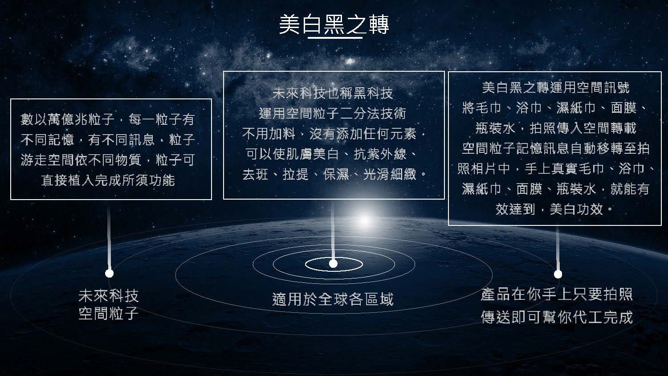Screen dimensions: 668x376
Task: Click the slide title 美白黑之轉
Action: pos(334,25)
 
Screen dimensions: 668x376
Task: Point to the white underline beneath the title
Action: pos(335,38)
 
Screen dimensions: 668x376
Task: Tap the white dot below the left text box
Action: pos(109,273)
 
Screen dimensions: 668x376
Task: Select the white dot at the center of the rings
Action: pos(333,264)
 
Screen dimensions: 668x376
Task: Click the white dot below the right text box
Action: pos(558,274)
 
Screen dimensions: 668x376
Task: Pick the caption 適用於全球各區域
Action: pos(333,299)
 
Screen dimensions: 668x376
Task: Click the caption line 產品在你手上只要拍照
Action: pos(557,294)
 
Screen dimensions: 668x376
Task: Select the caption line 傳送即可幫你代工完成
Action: pos(557,317)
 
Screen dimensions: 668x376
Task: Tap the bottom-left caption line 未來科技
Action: pos(109,295)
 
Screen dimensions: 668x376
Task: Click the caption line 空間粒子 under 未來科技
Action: pos(109,313)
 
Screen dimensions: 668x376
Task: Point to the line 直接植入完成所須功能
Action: pos(108,180)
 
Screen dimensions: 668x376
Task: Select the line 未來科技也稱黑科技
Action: pos(333,94)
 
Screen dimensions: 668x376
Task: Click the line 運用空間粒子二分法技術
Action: pos(333,114)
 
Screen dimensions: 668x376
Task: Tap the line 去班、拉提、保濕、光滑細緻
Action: pos(334,174)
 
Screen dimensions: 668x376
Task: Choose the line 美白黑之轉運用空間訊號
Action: pos(556,87)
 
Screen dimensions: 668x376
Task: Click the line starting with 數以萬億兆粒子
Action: pos(108,119)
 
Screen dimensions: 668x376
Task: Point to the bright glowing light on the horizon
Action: pos(364,220)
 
